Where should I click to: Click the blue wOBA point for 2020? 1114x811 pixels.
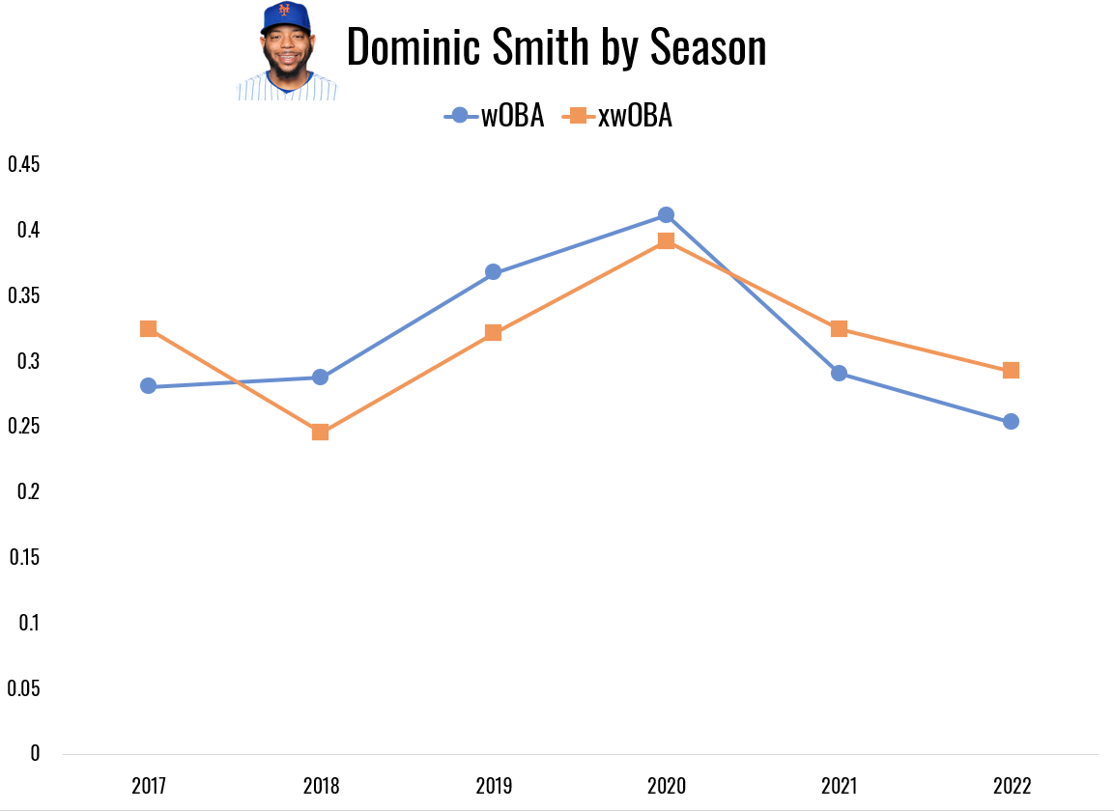pos(666,214)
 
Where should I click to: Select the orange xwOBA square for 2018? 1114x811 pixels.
pos(320,432)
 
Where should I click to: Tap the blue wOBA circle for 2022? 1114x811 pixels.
pos(1011,421)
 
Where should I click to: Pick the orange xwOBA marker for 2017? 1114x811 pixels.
pos(148,328)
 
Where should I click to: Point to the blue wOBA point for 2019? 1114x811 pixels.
pos(493,272)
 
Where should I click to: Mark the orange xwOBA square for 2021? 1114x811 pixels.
pos(839,328)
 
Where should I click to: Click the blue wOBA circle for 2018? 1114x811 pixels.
pos(320,377)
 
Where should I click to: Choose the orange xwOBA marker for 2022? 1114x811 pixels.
pos(1011,370)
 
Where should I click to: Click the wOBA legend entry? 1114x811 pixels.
pos(495,116)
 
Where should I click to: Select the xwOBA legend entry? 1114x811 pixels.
pos(618,116)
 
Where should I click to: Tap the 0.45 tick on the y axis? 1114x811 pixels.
pos(24,164)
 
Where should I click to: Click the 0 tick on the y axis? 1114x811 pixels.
pos(36,753)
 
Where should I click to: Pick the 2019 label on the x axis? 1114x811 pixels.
pos(493,786)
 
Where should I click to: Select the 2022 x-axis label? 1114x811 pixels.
pos(1011,786)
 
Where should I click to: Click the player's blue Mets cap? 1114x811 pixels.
pos(285,17)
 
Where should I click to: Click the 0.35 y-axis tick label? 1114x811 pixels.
pos(24,295)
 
